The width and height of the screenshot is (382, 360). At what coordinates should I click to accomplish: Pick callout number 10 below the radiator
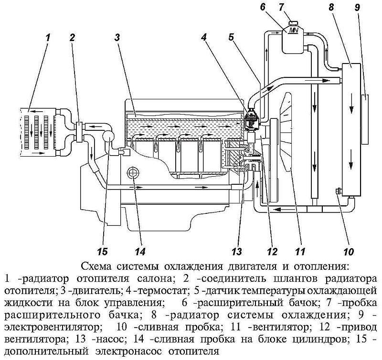347,250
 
